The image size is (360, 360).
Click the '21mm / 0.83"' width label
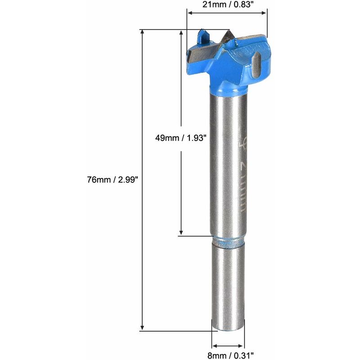[227, 5]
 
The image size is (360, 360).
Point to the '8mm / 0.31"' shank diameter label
[229, 355]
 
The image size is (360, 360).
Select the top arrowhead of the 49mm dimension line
[181, 33]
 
